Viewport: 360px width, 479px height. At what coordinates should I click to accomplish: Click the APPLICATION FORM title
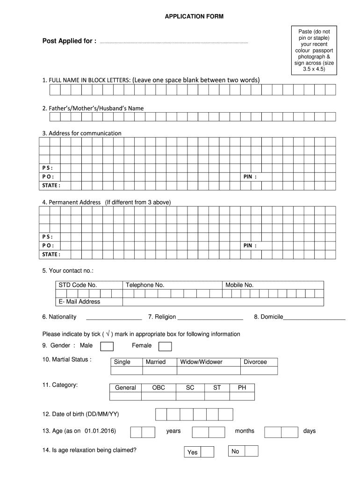point(194,17)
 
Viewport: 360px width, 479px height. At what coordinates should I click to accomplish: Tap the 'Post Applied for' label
point(69,41)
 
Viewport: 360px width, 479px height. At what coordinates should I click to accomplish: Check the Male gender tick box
point(107,346)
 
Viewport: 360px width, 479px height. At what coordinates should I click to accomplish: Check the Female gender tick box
point(165,346)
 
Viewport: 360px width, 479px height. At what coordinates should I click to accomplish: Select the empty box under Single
point(126,370)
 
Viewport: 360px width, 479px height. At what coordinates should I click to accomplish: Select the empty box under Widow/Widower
point(208,370)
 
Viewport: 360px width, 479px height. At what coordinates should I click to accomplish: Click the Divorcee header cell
point(255,362)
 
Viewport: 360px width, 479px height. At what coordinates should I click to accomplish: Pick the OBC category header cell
point(158,387)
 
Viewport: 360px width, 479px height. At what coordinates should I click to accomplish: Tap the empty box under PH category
point(242,396)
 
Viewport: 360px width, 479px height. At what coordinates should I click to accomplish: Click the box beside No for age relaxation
point(251,451)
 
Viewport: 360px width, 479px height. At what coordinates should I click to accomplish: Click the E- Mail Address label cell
point(79,302)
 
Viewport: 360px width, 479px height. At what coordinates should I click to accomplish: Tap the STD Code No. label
point(77,285)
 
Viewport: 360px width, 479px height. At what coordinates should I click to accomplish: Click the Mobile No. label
point(239,285)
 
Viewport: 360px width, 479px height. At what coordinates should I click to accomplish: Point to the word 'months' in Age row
point(245,431)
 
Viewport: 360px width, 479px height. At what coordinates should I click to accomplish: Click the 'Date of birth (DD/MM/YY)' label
point(84,414)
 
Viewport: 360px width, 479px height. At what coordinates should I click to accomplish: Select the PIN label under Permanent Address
point(250,246)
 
